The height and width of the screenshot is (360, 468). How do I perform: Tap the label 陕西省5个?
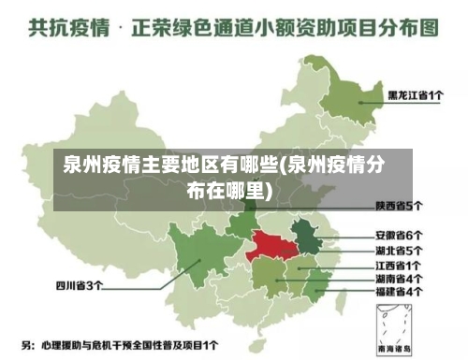click(399, 205)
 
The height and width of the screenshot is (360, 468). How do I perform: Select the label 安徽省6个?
click(399, 235)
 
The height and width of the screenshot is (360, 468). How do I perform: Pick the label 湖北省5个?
click(399, 250)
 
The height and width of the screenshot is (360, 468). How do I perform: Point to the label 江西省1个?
click(399, 265)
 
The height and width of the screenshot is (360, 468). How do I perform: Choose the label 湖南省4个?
click(399, 279)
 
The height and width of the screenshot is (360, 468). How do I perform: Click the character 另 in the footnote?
click(27, 345)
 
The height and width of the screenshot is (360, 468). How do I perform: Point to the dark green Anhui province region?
click(304, 234)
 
